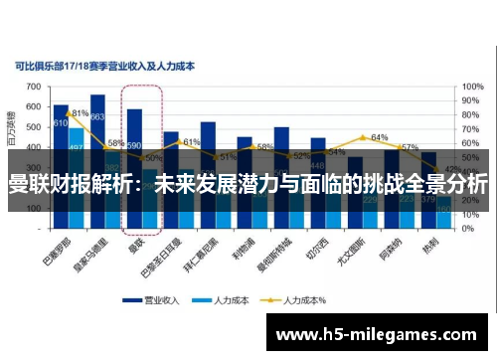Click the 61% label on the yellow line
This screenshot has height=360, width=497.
192,142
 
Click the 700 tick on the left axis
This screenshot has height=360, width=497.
34,88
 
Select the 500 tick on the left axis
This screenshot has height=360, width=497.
34,126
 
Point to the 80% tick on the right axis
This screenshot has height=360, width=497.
472,113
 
